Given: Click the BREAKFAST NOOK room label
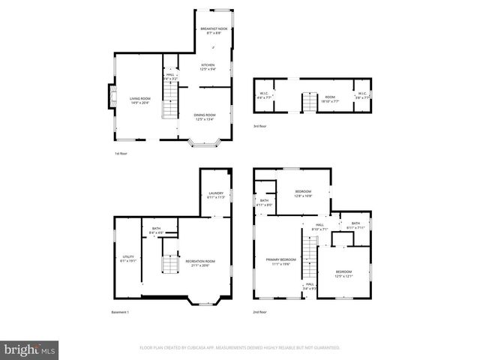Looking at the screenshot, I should (213, 29).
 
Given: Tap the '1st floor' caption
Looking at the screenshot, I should (120, 153).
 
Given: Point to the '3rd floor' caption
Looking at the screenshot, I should (259, 126).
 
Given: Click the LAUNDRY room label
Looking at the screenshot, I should (215, 195).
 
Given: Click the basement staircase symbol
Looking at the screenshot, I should (170, 265).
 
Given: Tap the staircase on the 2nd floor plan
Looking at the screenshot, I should (307, 253).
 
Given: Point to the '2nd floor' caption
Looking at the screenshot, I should (260, 312).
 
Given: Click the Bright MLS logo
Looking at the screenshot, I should (30, 349).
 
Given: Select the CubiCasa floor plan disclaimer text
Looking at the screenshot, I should (240, 348).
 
